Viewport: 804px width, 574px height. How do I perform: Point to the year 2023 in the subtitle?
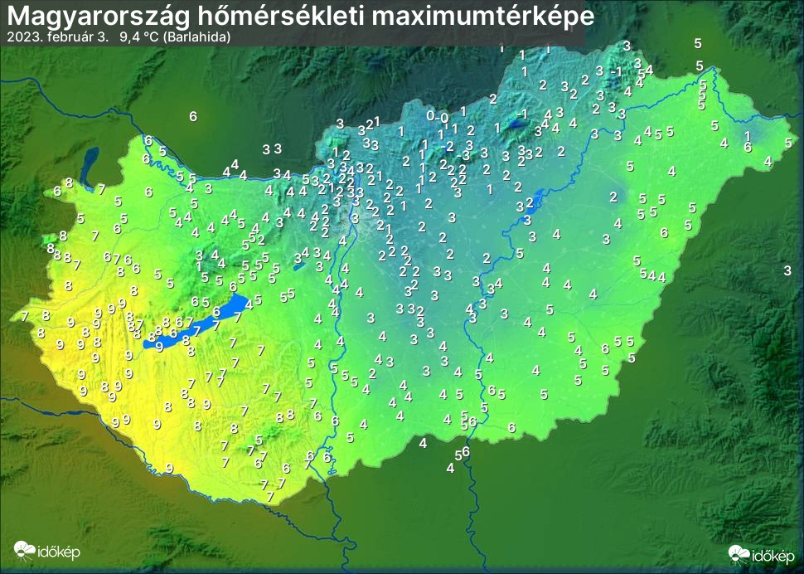point(20,37)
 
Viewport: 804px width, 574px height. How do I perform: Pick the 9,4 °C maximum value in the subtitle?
point(138,37)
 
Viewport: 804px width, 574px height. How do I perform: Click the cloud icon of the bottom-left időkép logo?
point(25,550)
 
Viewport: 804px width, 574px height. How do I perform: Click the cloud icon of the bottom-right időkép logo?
point(739,552)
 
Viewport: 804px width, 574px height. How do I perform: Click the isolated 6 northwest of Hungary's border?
point(193,116)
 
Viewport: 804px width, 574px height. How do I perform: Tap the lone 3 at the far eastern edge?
point(787,270)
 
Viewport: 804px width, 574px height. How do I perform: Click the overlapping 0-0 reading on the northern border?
point(438,116)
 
